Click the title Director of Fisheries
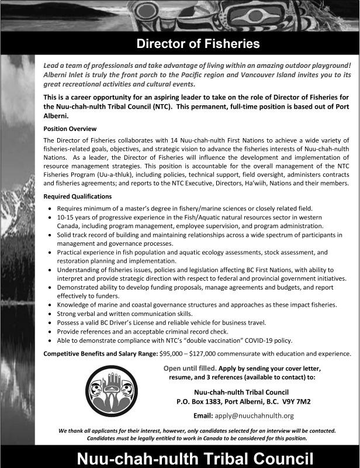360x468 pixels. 198,44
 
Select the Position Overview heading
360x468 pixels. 70,128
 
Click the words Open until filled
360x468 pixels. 190,368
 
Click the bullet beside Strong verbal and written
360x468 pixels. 53,314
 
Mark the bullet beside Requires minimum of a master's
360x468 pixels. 53,209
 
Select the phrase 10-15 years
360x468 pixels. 75,217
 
